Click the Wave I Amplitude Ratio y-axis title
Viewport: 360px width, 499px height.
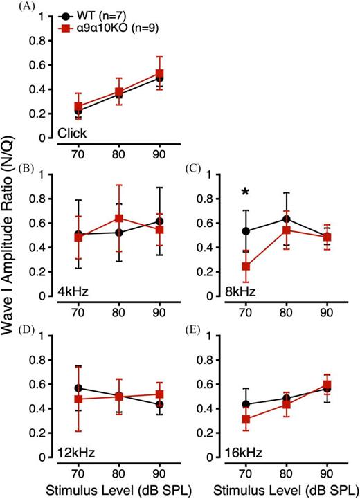coord(14,249)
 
